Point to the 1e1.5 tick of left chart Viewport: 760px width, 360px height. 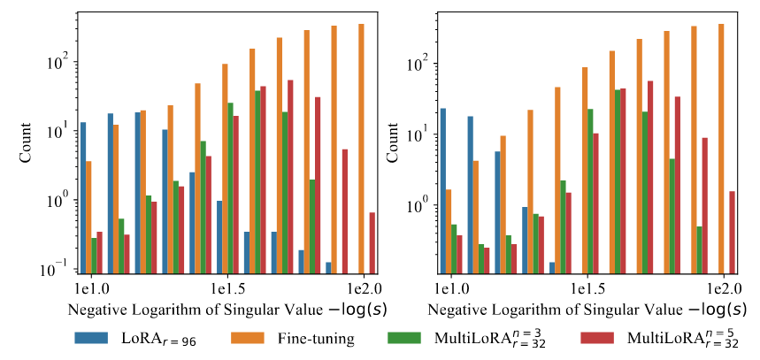(x=227, y=288)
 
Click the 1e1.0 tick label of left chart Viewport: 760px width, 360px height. (x=90, y=288)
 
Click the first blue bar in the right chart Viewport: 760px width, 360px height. (x=443, y=190)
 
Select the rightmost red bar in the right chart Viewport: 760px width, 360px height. (x=732, y=232)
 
